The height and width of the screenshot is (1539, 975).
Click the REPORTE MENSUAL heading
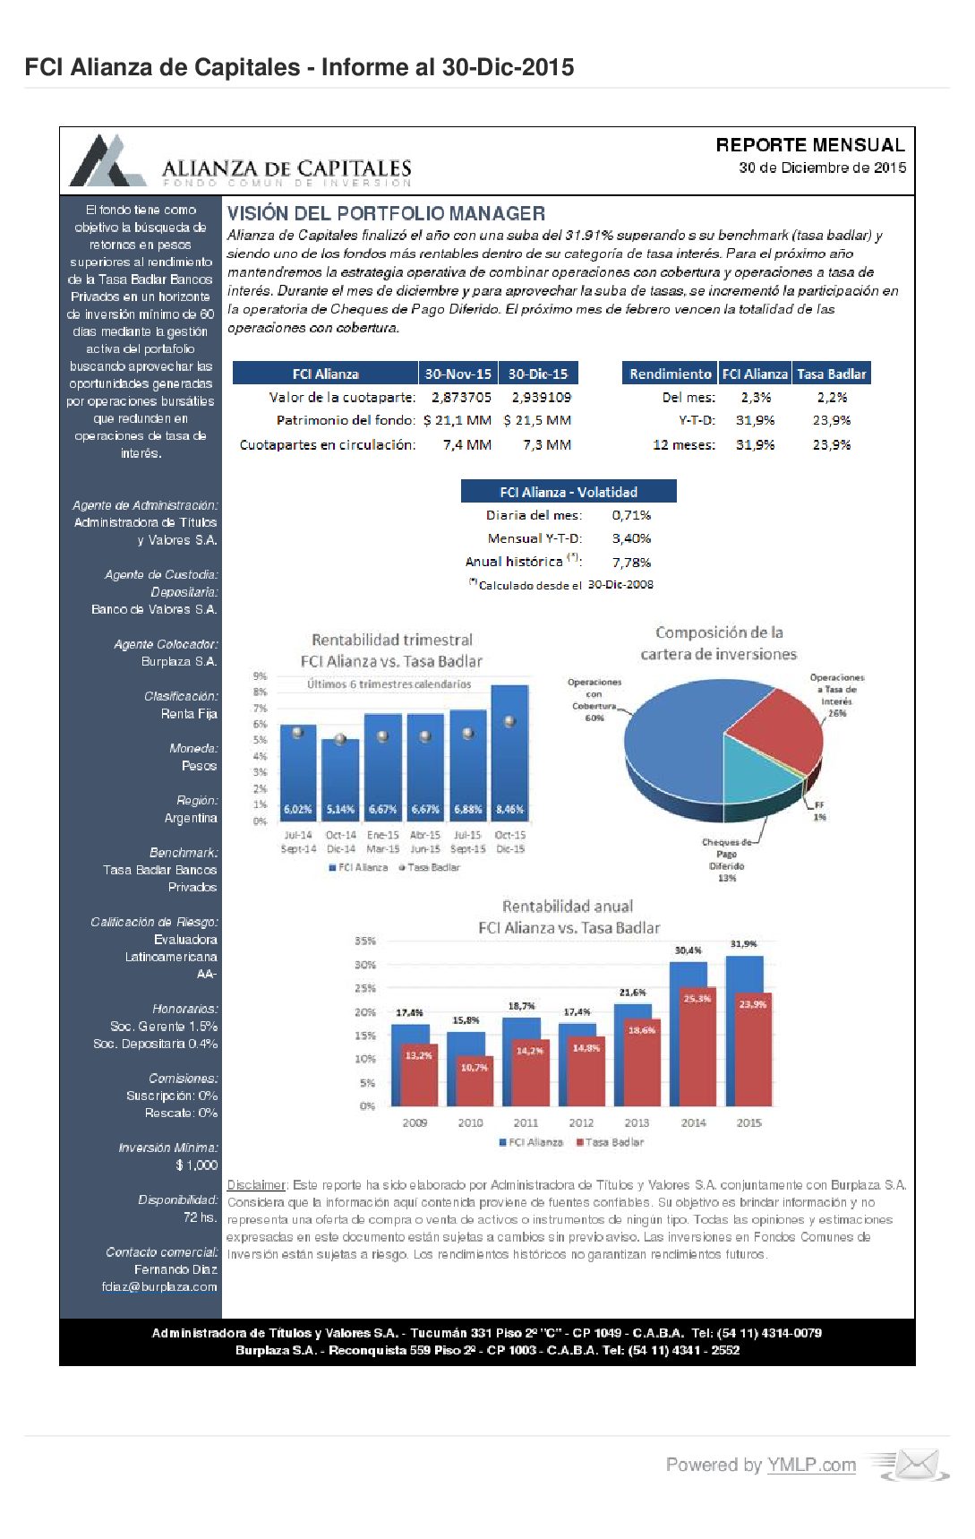pyautogui.click(x=809, y=145)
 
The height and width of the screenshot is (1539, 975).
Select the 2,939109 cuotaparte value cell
pyautogui.click(x=541, y=397)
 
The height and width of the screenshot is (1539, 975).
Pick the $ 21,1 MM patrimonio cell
pyautogui.click(x=457, y=420)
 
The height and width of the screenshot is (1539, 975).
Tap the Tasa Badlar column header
pyautogui.click(x=831, y=374)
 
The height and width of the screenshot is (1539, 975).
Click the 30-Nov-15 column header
pyautogui.click(x=458, y=374)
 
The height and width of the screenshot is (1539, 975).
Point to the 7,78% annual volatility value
pyautogui.click(x=631, y=563)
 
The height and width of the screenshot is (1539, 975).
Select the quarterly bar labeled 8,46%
pyautogui.click(x=509, y=752)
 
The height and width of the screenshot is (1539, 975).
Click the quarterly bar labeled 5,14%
pyautogui.click(x=340, y=779)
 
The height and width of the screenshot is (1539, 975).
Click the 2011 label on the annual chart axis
pyautogui.click(x=526, y=1122)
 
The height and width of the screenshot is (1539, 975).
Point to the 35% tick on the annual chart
pyautogui.click(x=365, y=941)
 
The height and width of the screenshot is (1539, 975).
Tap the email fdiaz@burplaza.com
pyautogui.click(x=159, y=1286)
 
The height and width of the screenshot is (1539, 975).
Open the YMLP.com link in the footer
pyautogui.click(x=811, y=1465)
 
